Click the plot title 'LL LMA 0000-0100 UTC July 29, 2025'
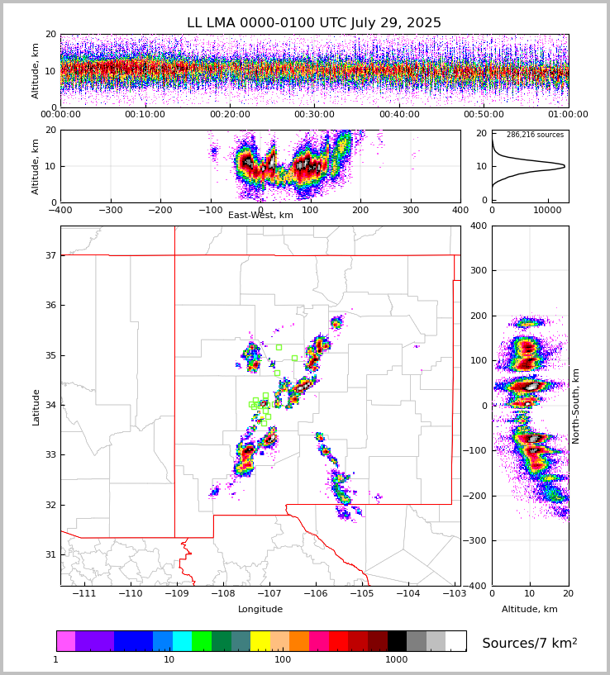[x=314, y=23]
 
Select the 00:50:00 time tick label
[x=484, y=115]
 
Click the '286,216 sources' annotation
[x=535, y=135]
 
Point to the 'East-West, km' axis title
[x=260, y=216]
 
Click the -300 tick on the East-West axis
[x=110, y=210]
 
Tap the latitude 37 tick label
[x=50, y=255]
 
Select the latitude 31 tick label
[x=50, y=554]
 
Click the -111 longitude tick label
[x=83, y=594]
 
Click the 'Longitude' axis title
[x=260, y=610]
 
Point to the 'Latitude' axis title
[x=36, y=406]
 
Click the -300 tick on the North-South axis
[x=478, y=540]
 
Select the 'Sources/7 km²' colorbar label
[x=530, y=643]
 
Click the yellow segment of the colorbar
[x=260, y=641]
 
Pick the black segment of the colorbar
[x=397, y=641]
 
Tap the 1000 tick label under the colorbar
[x=397, y=660]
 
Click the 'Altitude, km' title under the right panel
[x=530, y=610]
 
